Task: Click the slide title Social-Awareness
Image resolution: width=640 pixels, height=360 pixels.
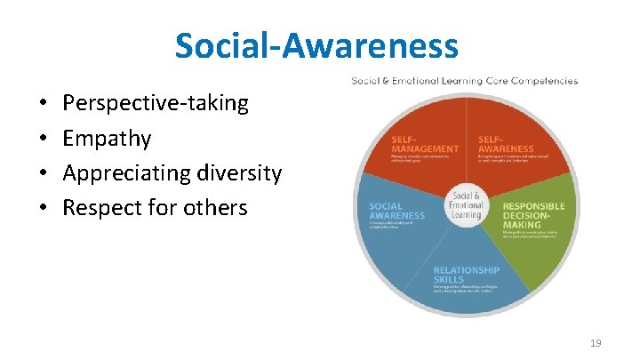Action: click(316, 45)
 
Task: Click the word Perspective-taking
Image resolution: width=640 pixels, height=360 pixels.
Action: click(156, 103)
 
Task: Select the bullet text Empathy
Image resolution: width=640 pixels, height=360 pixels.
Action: click(107, 139)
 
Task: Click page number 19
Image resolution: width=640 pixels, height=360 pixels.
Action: click(595, 342)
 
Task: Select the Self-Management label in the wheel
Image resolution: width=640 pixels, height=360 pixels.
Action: click(424, 144)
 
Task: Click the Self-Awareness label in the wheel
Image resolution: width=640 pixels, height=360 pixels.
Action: click(505, 144)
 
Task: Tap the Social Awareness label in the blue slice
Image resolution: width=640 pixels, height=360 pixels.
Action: click(396, 211)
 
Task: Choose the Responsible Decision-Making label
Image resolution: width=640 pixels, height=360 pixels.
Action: click(533, 212)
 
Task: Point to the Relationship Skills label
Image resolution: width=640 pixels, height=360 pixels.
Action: click(466, 275)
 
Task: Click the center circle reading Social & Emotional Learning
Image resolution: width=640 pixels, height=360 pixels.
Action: click(465, 205)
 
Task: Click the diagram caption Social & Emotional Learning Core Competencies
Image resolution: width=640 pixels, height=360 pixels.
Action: click(464, 81)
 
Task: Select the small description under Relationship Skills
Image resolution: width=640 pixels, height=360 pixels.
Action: click(466, 290)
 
